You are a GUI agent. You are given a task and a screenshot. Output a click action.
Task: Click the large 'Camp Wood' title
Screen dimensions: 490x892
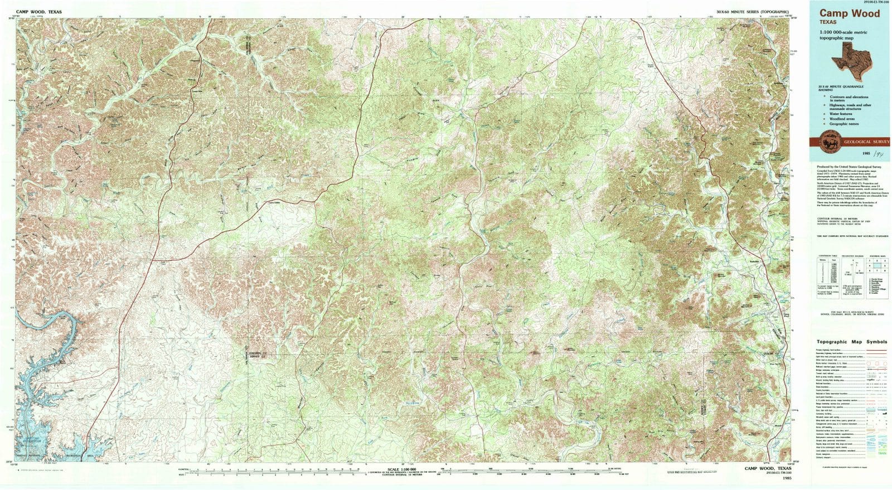(850, 14)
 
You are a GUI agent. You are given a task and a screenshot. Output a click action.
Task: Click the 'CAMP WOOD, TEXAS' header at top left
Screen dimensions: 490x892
(39, 12)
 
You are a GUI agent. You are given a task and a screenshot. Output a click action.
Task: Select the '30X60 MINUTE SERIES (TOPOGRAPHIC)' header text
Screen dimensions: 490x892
(753, 12)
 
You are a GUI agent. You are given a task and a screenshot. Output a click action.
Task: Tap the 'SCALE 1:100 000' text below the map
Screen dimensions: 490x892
(401, 469)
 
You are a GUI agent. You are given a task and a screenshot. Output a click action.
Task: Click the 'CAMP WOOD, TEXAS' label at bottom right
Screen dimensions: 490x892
(767, 469)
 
